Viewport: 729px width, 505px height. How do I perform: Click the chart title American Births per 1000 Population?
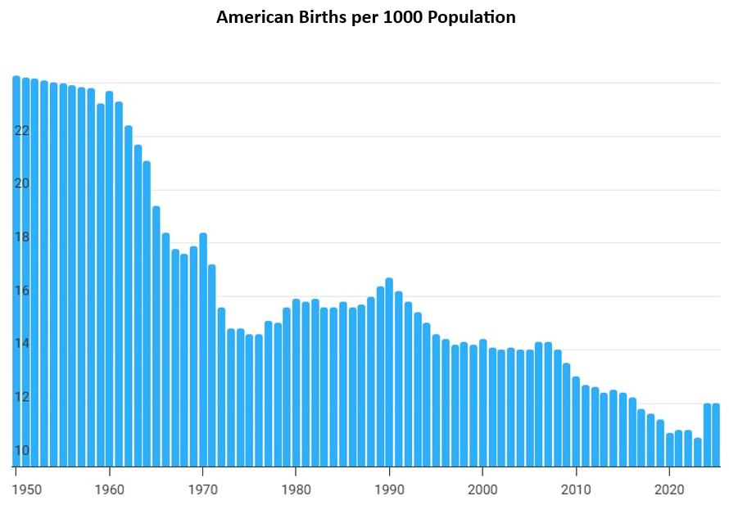point(365,17)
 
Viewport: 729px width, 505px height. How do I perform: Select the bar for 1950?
point(16,270)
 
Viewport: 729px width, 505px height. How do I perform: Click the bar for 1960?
point(110,278)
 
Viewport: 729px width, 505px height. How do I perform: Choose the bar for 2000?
point(482,402)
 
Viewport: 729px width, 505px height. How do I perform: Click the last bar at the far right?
point(716,434)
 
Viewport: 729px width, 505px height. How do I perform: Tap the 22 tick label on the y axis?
point(22,131)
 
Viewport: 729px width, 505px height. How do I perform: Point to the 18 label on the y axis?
point(22,237)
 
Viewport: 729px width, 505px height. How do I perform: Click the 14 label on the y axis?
point(22,344)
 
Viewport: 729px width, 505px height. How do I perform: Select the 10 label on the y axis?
point(22,450)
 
